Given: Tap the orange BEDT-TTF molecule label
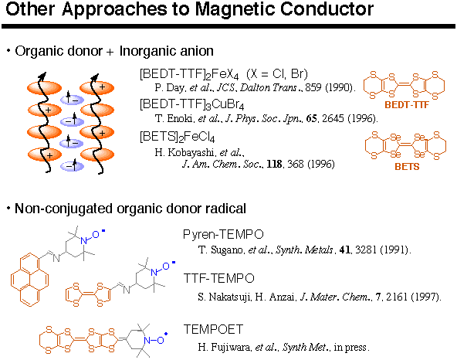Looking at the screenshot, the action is tap(407, 105).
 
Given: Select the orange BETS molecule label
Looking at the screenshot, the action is tap(407, 167).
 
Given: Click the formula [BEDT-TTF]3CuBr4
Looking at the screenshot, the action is tap(191, 105).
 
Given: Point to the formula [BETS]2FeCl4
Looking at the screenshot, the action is tap(178, 137).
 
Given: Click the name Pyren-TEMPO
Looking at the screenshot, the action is tap(223, 234).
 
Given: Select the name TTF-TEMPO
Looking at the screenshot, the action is tap(219, 278).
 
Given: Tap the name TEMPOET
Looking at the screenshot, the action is tap(213, 329).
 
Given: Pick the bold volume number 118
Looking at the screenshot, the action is tap(274, 164).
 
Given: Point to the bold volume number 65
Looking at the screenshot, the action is tap(312, 118).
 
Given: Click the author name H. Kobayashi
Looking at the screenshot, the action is tap(184, 152).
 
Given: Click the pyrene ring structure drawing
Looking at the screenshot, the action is tap(29, 280).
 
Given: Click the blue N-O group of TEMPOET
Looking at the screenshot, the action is tap(154, 340).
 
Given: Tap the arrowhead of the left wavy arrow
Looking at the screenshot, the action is tap(42, 76).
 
